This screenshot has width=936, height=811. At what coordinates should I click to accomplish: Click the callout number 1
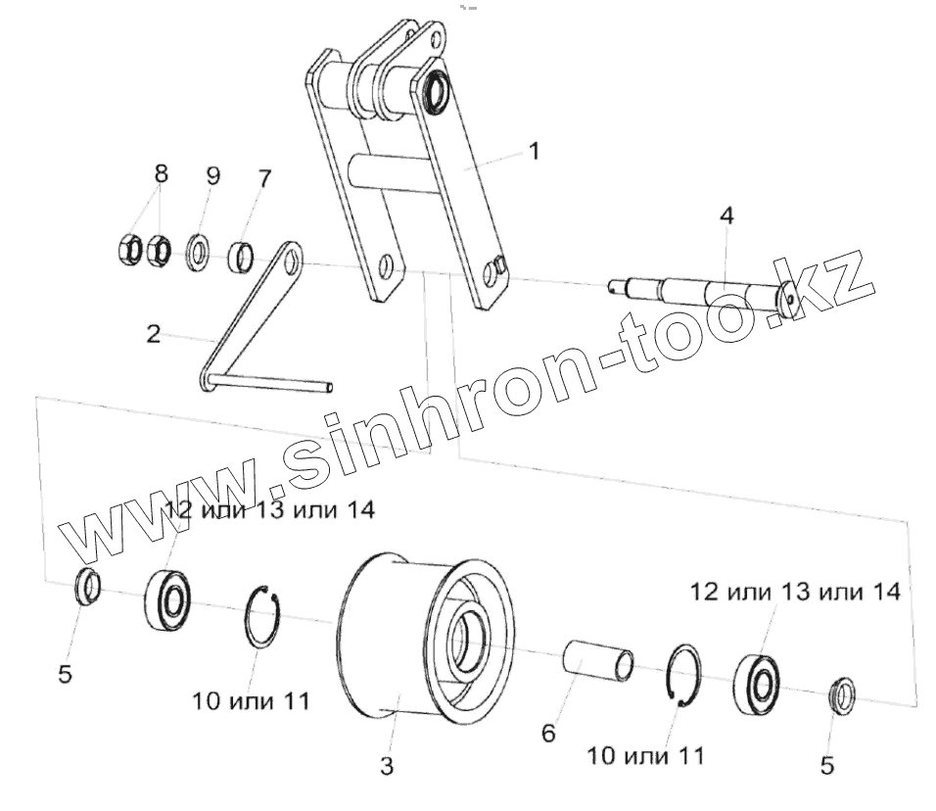tap(533, 152)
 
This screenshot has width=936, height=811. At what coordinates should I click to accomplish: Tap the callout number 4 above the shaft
tap(725, 215)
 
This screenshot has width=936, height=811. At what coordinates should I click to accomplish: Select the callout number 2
tap(153, 333)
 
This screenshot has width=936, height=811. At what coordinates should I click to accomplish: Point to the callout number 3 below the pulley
tap(387, 767)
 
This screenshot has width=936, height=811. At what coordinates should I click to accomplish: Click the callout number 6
tap(549, 732)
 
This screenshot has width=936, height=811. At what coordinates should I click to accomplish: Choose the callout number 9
tap(212, 176)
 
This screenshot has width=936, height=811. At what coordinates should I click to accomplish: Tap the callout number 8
tap(161, 174)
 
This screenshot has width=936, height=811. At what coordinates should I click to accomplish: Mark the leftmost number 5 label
tap(65, 675)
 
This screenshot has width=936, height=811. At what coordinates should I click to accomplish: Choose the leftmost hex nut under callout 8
tap(127, 251)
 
